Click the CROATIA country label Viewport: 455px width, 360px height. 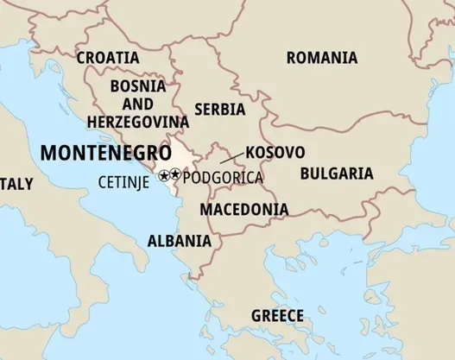tap(107, 58)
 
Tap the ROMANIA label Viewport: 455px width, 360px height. tap(321, 58)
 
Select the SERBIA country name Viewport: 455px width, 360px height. tap(220, 110)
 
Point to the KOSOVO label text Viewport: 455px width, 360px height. tap(275, 152)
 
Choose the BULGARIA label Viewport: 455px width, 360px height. tap(337, 174)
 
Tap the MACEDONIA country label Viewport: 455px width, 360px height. tap(244, 209)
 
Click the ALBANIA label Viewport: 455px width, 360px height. tap(179, 240)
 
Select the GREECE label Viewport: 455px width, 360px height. tap(277, 315)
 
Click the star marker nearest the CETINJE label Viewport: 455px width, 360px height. tap(164, 175)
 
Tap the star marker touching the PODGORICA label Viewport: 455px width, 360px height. tap(176, 175)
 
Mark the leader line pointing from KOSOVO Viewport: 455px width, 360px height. tap(231, 157)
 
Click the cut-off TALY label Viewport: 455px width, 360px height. tap(16, 184)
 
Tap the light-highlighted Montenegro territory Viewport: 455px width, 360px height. tap(182, 155)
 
